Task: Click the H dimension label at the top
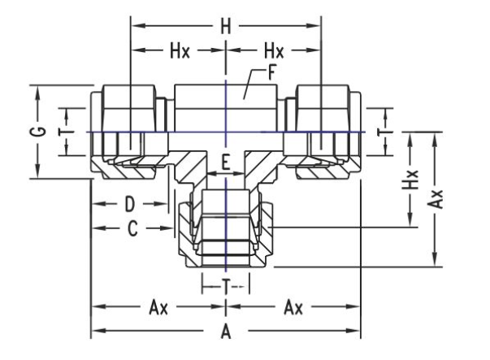(225, 27)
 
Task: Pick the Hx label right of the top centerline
(271, 50)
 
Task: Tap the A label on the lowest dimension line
(225, 332)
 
